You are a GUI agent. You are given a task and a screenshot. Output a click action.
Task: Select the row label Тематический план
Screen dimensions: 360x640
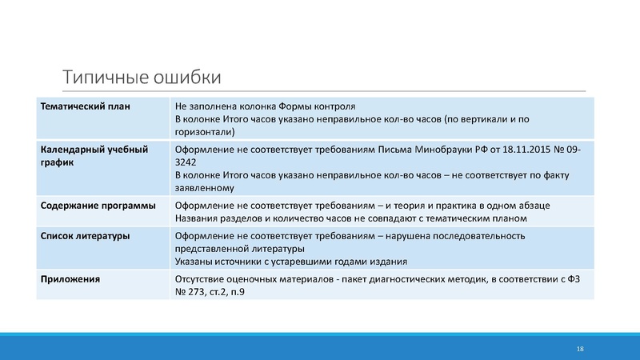(85, 106)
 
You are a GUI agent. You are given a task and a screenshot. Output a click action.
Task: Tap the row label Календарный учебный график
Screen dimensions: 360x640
(94, 156)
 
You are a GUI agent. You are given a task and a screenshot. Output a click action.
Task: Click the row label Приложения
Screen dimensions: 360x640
(70, 278)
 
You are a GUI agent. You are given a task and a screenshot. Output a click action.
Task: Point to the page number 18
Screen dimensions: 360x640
(580, 350)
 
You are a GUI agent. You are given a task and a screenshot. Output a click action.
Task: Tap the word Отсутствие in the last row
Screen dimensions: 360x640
(200, 278)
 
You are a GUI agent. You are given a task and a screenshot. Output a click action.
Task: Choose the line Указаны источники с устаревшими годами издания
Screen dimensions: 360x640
(290, 261)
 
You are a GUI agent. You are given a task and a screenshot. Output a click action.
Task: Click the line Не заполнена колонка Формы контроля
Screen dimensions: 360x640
(265, 106)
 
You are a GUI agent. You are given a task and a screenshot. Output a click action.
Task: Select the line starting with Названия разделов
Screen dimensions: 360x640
(351, 218)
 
